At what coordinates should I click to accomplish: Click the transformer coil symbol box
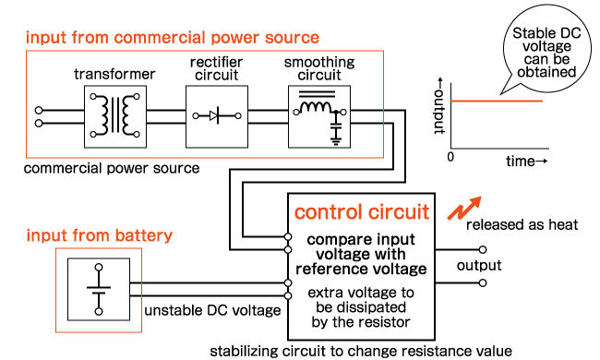114,115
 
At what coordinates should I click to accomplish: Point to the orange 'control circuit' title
361,213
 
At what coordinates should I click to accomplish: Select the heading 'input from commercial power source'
172,38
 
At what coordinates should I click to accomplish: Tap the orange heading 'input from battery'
99,235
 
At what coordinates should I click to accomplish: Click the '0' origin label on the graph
450,157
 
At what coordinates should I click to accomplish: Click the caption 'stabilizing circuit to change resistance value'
359,351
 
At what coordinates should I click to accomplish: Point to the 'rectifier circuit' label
216,66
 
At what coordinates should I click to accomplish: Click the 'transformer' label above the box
114,74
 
